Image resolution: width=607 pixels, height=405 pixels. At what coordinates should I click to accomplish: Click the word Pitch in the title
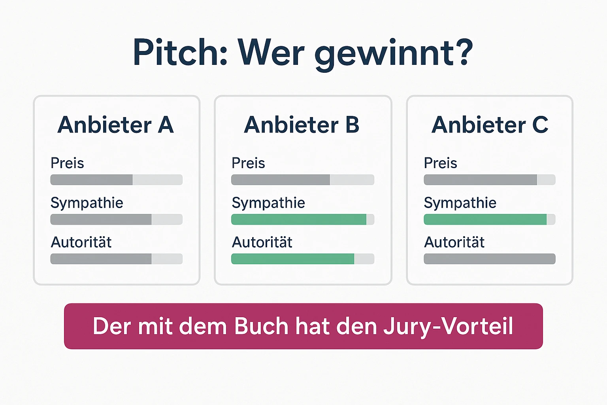[180, 53]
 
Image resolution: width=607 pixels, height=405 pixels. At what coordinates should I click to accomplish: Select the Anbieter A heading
[116, 125]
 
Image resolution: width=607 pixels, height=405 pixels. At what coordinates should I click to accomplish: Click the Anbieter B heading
[302, 125]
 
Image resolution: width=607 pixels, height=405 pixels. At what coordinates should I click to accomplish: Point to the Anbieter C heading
[490, 125]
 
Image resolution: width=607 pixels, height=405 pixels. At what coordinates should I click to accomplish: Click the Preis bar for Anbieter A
[116, 180]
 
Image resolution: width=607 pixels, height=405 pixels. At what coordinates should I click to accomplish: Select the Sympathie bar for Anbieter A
[116, 220]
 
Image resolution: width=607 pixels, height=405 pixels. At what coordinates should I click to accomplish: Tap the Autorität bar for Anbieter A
[116, 259]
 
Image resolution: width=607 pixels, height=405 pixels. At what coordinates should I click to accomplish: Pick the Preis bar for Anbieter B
[302, 180]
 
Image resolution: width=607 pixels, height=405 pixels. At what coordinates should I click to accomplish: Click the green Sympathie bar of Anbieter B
[299, 220]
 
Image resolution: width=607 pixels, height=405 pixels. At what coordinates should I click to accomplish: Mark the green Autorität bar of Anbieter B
[293, 259]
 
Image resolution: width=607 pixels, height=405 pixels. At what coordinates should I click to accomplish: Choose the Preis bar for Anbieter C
[489, 180]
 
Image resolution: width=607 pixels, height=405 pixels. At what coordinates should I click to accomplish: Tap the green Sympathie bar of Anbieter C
[485, 220]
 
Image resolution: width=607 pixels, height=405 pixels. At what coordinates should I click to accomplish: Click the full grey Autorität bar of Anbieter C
[489, 259]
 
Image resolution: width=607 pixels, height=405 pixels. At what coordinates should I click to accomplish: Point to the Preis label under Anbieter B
[248, 163]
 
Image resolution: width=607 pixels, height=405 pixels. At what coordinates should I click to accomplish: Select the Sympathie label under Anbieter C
[460, 203]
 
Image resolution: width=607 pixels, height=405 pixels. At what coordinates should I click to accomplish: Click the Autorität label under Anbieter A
[81, 242]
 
